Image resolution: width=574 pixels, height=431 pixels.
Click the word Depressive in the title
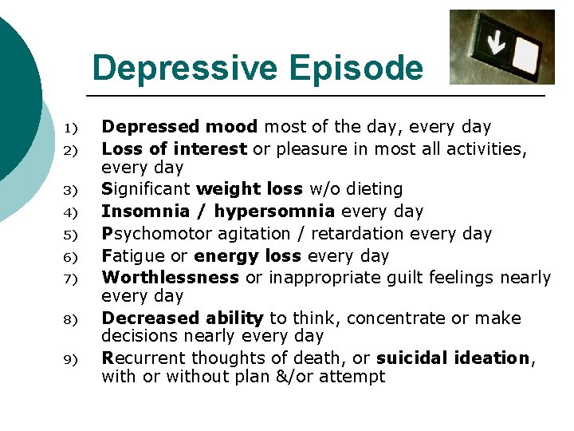tap(185, 69)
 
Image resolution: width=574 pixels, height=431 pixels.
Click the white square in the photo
tap(526, 52)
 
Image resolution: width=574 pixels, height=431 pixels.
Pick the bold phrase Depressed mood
tap(179, 127)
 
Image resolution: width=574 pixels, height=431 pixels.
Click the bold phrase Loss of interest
tap(175, 148)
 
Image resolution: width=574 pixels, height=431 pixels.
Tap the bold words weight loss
tap(249, 189)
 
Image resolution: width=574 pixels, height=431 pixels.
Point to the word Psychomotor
tap(156, 234)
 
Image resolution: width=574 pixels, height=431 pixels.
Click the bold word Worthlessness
tap(170, 277)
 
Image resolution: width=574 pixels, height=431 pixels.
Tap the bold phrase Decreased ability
tap(183, 318)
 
